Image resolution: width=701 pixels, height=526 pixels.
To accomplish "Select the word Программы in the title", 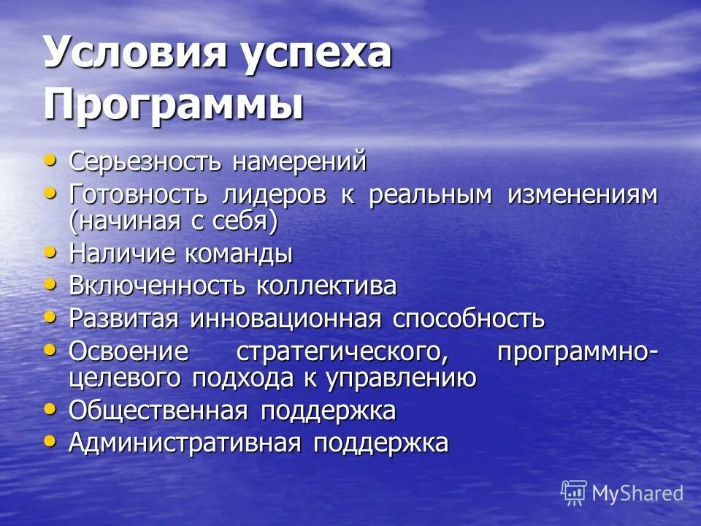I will (173, 104).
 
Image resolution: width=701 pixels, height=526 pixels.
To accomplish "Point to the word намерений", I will (299, 162).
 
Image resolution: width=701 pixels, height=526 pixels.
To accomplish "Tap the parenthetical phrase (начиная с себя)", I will (173, 221).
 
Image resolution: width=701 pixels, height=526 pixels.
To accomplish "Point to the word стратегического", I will (342, 351).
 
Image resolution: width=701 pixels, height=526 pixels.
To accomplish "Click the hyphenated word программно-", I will (577, 351).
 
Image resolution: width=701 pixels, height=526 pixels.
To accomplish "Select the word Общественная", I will (160, 411).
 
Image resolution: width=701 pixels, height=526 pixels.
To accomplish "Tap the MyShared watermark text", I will (637, 493).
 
